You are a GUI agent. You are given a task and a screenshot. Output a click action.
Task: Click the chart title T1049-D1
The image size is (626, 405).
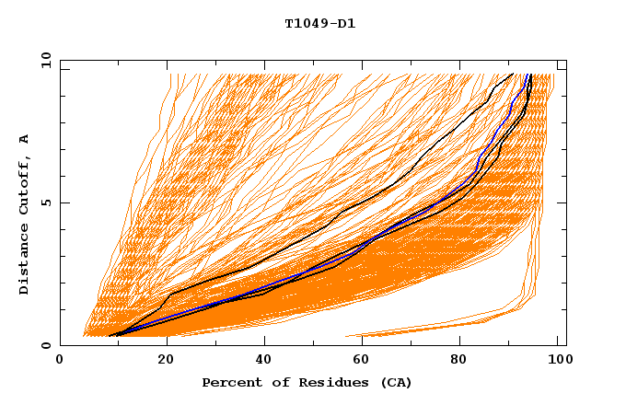tap(319, 24)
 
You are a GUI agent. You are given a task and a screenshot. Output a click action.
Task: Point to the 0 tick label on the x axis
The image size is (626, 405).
tap(60, 361)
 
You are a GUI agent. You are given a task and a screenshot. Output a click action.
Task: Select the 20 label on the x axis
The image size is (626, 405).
tap(166, 361)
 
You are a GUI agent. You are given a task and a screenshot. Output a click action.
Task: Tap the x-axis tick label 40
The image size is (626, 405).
tap(266, 361)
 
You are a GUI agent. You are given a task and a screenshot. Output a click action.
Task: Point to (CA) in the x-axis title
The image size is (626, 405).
tap(394, 383)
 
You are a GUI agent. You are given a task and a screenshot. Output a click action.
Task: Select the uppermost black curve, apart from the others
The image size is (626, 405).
tap(368, 202)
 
